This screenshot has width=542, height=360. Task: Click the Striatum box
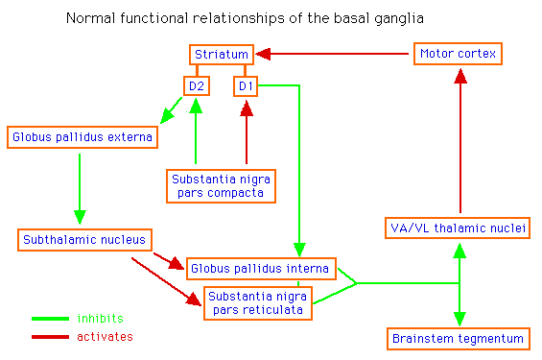coord(222,55)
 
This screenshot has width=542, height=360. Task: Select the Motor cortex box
coord(458,55)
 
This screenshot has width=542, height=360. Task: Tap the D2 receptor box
coord(197,87)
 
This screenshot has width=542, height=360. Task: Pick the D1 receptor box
coord(247,87)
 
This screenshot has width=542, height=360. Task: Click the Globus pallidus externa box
coord(82,137)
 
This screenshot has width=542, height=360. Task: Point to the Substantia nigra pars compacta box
coord(221,185)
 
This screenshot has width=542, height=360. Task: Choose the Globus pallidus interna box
coord(260,268)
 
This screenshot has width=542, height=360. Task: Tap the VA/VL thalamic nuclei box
coord(460,228)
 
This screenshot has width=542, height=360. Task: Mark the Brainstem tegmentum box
coord(459,338)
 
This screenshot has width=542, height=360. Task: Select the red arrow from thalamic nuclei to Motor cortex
coord(460,144)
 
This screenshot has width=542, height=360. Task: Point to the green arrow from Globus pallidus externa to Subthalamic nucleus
coord(80,187)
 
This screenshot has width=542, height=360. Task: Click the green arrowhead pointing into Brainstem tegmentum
coord(460,317)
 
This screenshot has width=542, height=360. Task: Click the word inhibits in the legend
coord(100,318)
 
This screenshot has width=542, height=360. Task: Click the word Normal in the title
coord(88,18)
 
